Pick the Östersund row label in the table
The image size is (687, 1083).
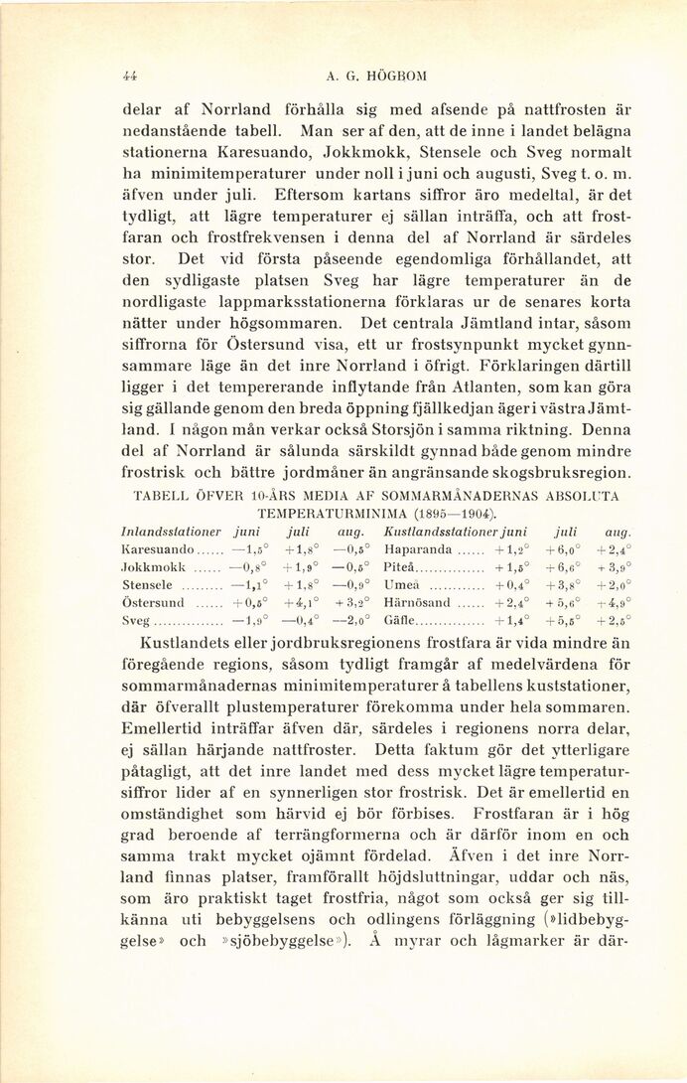[x=152, y=602]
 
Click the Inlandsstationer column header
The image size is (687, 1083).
[x=165, y=531]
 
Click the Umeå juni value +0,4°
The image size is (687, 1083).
[x=511, y=584]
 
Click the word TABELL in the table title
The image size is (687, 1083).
[x=157, y=495]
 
